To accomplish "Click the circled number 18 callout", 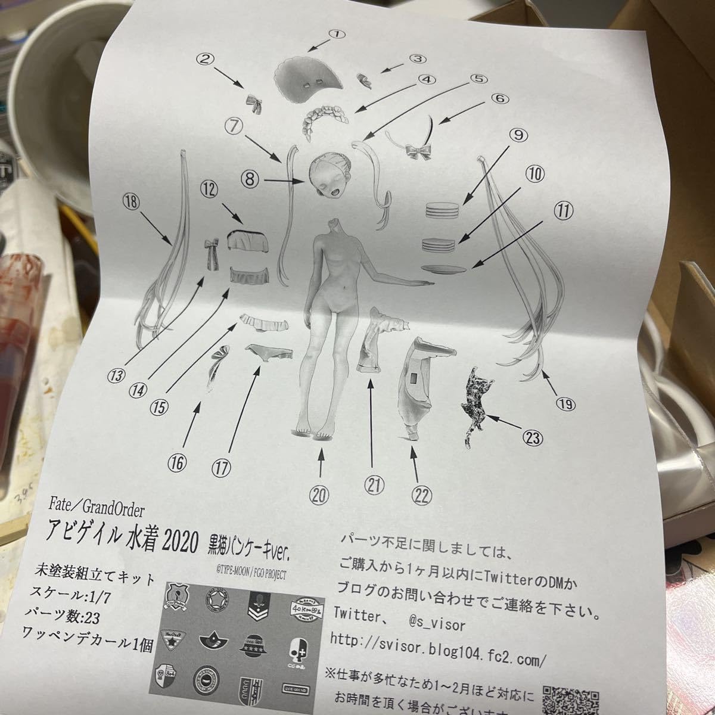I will click(x=130, y=202).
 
